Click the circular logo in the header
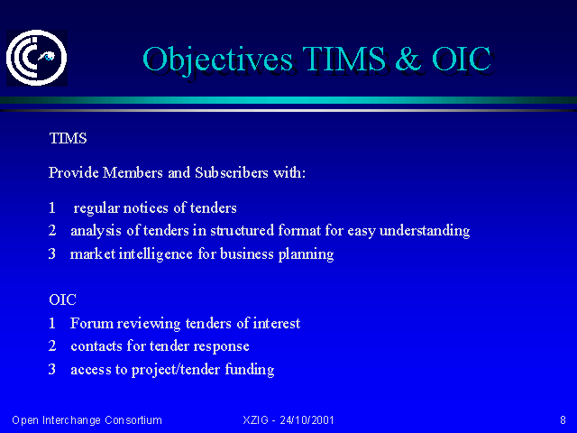36,58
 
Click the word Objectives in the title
217,60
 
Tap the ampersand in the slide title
408,59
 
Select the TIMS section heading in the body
69,138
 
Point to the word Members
133,172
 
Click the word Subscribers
232,172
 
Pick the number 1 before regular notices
52,207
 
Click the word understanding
425,231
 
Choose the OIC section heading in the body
62,299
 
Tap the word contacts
96,346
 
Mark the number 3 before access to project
52,369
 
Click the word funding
250,370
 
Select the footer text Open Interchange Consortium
87,420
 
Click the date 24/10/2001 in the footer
307,420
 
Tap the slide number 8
563,420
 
